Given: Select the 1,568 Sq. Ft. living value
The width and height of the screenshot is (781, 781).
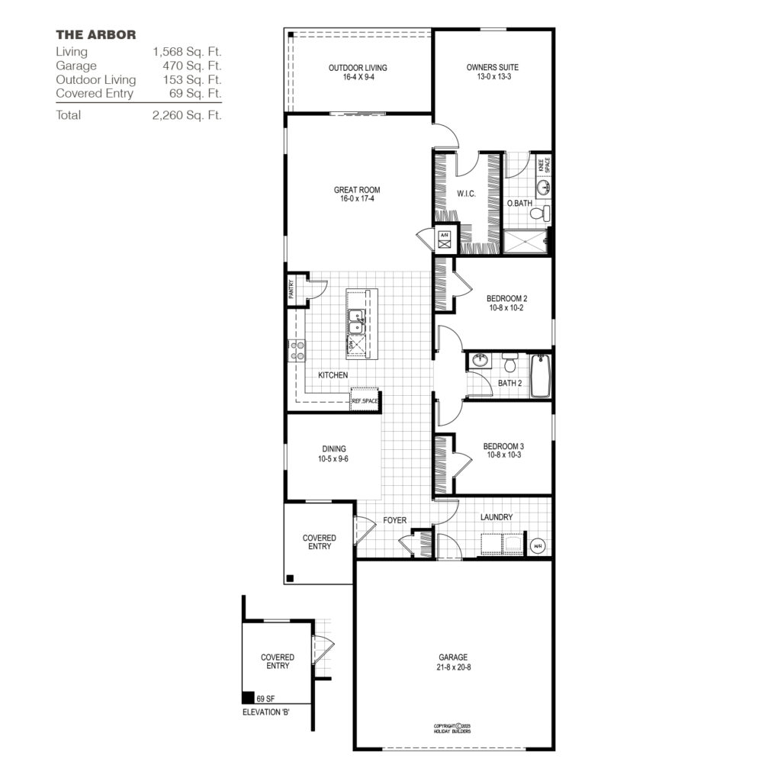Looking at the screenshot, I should pos(187,52).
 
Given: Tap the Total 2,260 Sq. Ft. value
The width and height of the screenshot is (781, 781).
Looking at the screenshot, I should pos(187,115).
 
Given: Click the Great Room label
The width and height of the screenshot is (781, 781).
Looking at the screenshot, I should pos(357,194).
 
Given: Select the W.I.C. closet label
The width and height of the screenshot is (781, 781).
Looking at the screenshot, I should pos(467,194).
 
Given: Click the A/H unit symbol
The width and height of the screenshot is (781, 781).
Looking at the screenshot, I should pos(444,240).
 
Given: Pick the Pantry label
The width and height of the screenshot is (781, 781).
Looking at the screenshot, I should pos(292,289).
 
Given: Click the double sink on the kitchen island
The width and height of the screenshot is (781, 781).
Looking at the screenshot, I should pos(356,322).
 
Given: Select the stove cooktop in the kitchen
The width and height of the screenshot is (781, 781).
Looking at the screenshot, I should pos(297,351).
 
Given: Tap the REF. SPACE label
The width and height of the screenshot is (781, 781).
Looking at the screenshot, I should pos(365,400).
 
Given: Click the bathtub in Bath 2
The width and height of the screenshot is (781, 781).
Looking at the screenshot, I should pos(540,376).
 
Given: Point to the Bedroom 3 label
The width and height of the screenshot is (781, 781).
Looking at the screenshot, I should pos(503,451).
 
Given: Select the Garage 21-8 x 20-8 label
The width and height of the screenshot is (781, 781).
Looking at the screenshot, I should pos(453,662).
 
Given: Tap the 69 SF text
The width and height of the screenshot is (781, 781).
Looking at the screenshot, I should pos(265,699).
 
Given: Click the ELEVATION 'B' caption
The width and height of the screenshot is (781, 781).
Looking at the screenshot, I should pos(265,712).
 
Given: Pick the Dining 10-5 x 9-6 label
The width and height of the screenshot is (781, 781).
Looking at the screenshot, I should pos(334,454).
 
